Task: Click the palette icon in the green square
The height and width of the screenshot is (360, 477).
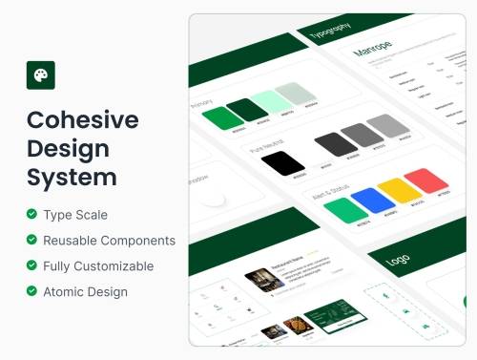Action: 40,74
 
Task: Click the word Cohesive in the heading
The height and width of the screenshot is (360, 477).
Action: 82,120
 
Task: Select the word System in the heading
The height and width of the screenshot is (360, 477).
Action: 72,178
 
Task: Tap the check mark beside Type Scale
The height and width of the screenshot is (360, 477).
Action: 32,214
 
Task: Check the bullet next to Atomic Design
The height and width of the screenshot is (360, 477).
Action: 32,291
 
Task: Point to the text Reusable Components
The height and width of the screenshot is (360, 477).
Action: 109,241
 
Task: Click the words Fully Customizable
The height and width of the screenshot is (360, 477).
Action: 98,266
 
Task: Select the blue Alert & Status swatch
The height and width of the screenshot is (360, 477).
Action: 373,200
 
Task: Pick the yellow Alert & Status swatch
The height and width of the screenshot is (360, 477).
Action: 399,190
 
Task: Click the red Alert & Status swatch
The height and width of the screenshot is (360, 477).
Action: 425,180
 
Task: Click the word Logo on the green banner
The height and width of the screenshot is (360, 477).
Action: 399,261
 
